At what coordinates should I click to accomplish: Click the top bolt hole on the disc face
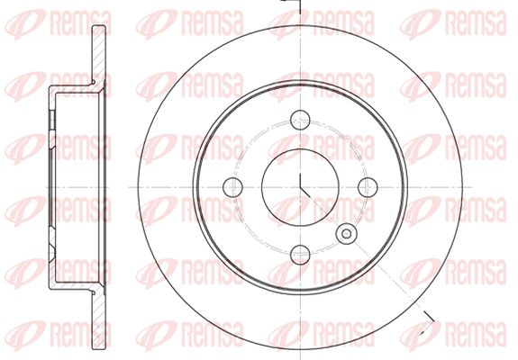pyautogui.click(x=300, y=120)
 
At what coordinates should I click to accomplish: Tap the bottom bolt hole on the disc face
pyautogui.click(x=300, y=255)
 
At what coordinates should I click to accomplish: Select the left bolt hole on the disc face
pyautogui.click(x=233, y=187)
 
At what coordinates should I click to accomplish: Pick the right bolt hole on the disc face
pyautogui.click(x=368, y=187)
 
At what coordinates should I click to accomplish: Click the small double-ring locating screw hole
pyautogui.click(x=346, y=234)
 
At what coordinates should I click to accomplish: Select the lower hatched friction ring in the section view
pyautogui.click(x=99, y=319)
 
